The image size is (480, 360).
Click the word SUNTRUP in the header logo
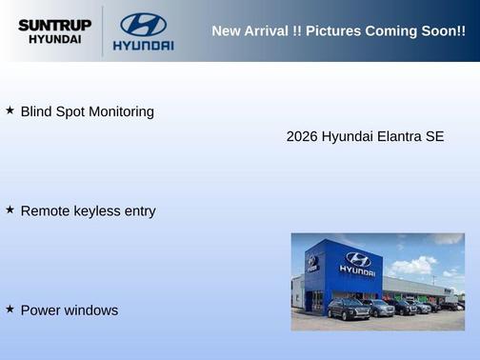tap(54, 24)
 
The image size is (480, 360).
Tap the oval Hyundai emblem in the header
tap(143, 24)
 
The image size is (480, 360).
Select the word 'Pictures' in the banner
tap(337, 31)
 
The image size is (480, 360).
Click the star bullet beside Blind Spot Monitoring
tap(10, 110)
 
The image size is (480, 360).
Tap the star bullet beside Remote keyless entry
tap(10, 210)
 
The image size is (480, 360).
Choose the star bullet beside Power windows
tap(10, 309)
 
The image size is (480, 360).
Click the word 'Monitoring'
tap(120, 112)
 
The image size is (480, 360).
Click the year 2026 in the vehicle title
tap(302, 137)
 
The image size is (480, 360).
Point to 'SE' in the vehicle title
tap(435, 137)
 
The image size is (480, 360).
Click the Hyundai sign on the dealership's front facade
tap(357, 264)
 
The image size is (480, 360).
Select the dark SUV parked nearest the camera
tap(348, 309)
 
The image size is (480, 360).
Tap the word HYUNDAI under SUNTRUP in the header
tap(54, 40)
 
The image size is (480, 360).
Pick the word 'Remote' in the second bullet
tap(46, 211)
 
